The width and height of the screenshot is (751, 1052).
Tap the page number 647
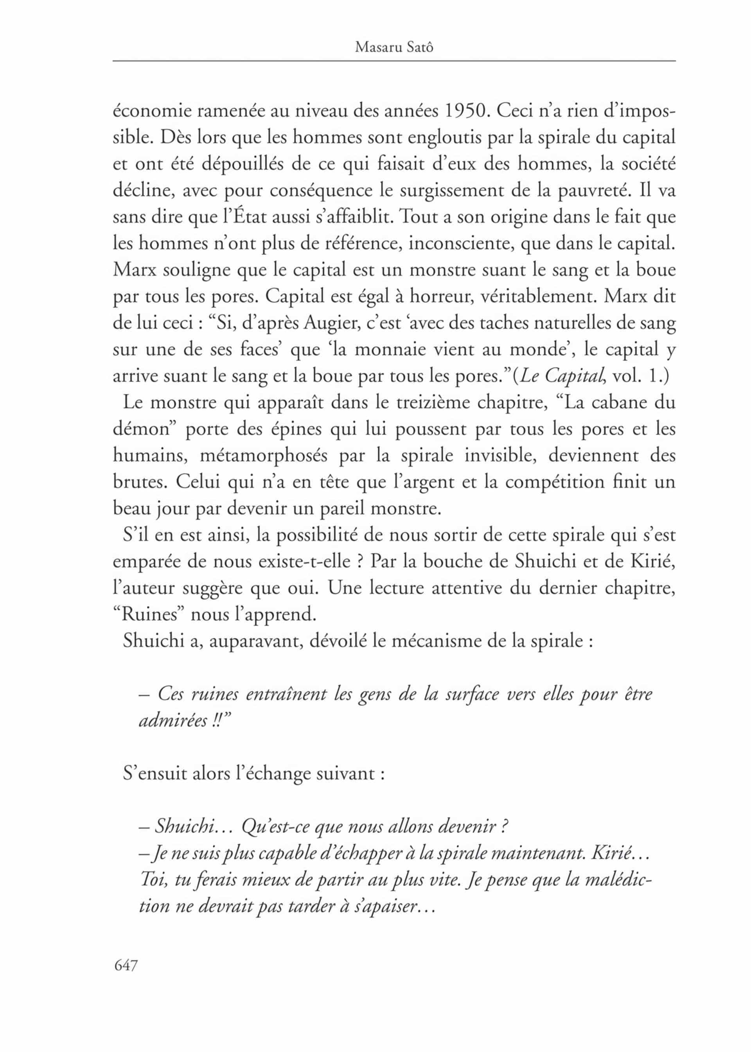tap(126, 966)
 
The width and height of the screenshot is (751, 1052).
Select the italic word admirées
tap(173, 721)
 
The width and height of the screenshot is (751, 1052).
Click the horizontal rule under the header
tap(394, 61)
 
